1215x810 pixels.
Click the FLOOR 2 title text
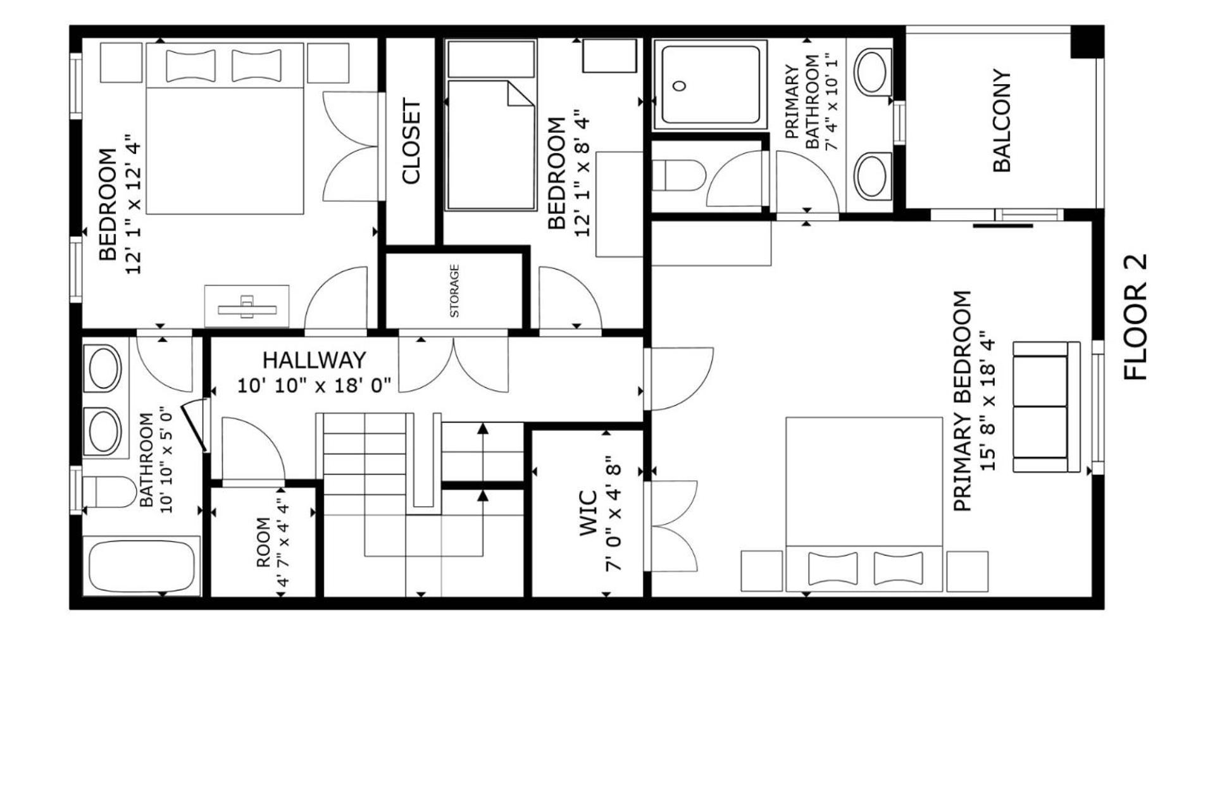[1135, 317]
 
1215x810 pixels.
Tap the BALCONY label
[1002, 121]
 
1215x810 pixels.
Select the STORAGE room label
[454, 291]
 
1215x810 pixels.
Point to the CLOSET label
[411, 141]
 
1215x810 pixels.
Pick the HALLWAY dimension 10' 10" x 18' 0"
[315, 385]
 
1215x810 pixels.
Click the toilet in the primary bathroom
[678, 175]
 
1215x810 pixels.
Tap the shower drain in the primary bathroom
[680, 86]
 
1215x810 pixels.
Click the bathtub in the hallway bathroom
[142, 566]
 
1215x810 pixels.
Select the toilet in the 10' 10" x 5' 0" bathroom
[108, 492]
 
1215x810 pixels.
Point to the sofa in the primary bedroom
[1047, 407]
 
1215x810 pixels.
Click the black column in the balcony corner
[1087, 42]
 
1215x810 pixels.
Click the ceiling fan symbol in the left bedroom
[247, 308]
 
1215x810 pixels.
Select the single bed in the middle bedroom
[491, 145]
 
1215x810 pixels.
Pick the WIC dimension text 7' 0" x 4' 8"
[614, 513]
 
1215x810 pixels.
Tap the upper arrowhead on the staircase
[483, 428]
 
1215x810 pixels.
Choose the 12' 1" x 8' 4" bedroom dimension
[582, 173]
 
